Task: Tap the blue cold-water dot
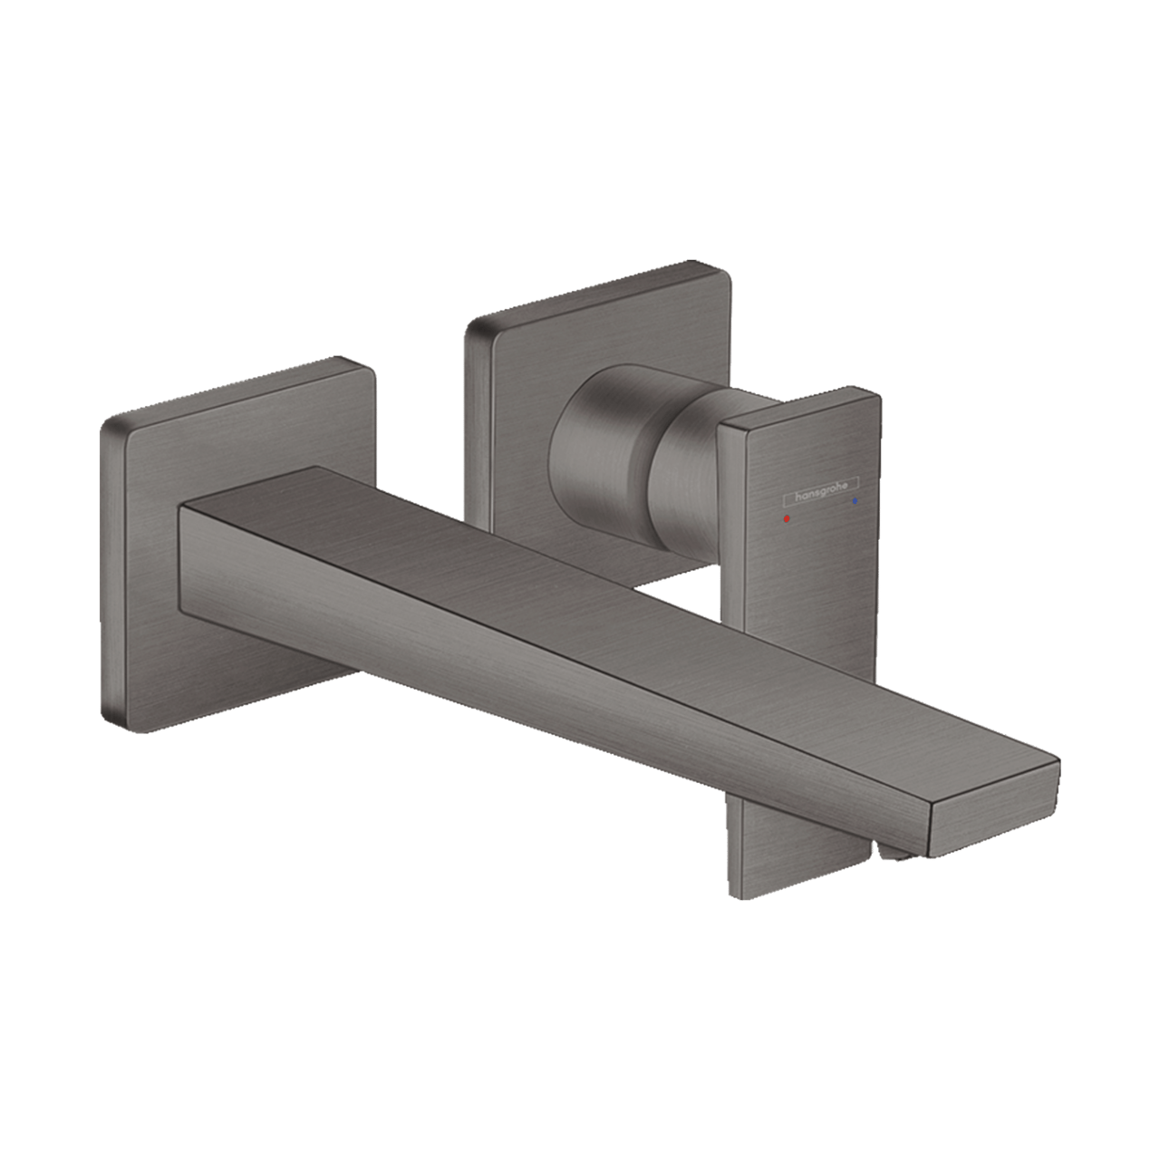tap(854, 499)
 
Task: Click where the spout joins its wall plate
tap(181, 544)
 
